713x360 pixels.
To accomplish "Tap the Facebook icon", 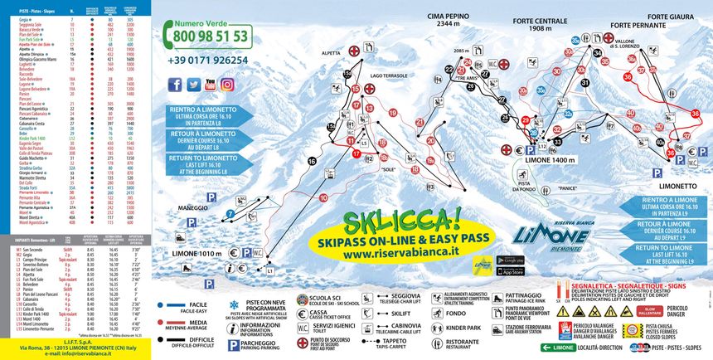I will click(x=175, y=85).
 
